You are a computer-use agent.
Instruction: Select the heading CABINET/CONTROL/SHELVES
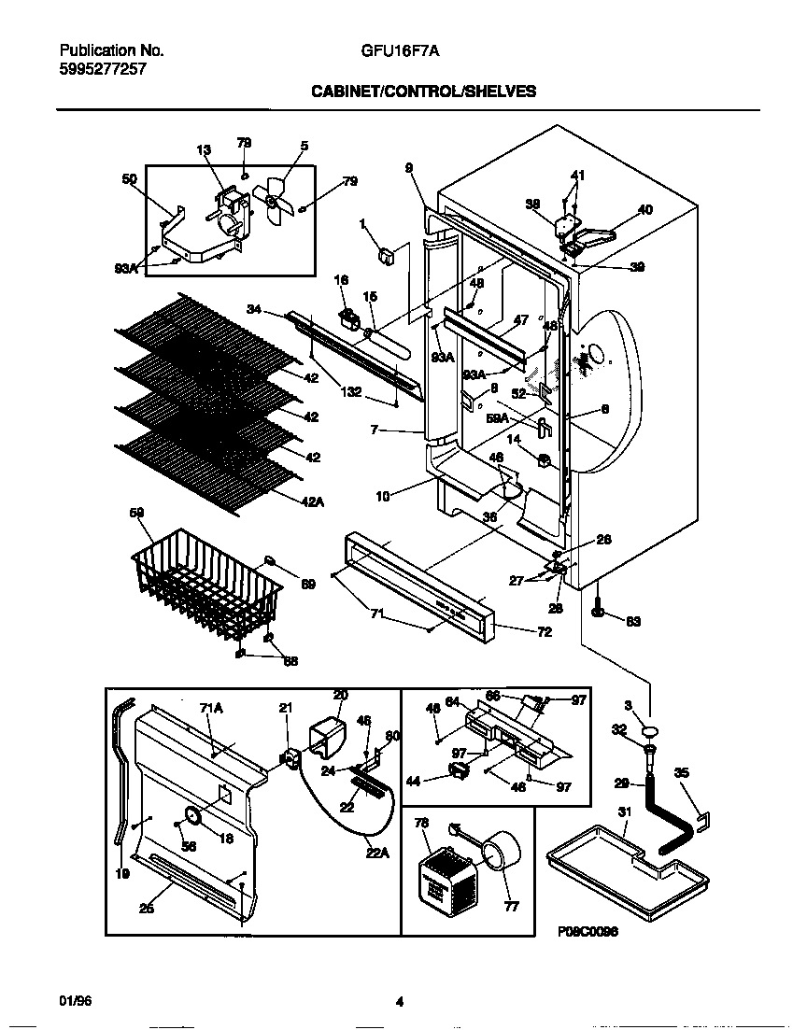point(423,91)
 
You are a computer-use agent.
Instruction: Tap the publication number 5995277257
point(103,69)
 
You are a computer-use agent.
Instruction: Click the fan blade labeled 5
point(277,200)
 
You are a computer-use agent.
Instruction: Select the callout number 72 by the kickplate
point(544,632)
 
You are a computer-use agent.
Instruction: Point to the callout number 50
point(130,178)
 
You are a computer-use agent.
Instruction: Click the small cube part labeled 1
point(383,253)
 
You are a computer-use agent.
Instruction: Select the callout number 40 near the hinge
point(644,210)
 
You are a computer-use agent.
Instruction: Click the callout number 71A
point(211,709)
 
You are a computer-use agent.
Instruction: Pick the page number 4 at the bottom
point(399,1002)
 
